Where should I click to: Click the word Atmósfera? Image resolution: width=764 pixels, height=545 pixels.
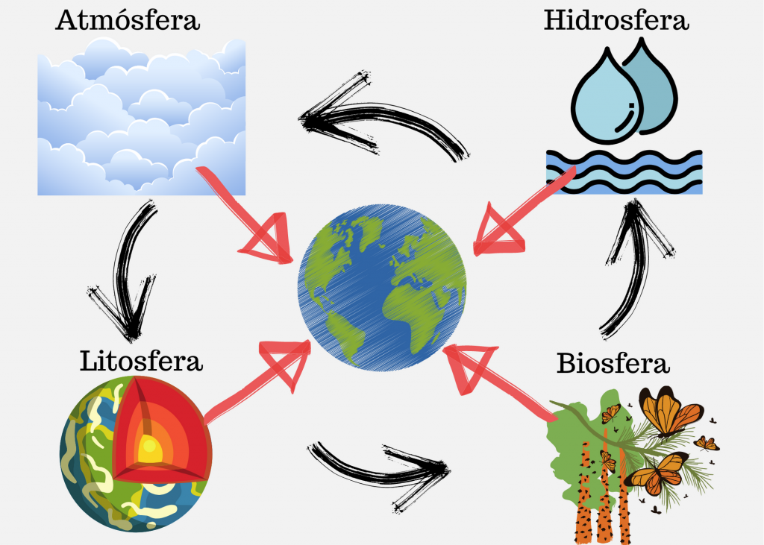point(128,20)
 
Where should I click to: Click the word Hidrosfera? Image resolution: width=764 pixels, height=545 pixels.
point(616,20)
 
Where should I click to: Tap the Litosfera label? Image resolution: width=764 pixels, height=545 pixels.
point(141,362)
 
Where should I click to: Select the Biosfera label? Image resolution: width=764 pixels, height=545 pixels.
point(613,363)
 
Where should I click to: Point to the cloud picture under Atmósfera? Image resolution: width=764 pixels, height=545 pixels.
point(141,117)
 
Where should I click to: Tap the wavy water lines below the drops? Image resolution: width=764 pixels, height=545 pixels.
point(624,172)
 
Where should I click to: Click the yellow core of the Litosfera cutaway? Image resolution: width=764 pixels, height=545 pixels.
point(149,449)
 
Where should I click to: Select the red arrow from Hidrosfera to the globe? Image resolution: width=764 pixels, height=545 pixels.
point(524,210)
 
